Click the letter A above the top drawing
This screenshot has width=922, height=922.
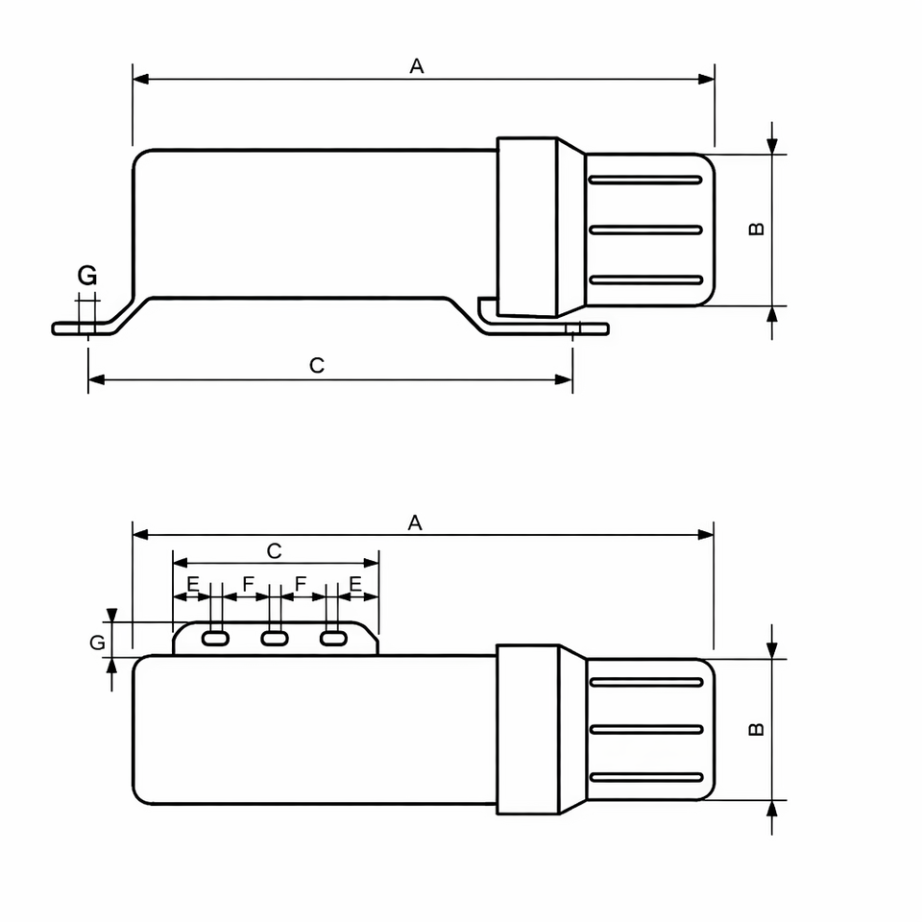[416, 66]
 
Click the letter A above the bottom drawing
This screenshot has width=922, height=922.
[415, 522]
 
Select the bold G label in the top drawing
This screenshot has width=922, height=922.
[87, 276]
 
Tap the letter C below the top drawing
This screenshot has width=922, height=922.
[316, 365]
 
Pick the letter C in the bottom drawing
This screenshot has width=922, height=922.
[274, 551]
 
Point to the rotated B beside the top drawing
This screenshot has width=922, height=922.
[756, 229]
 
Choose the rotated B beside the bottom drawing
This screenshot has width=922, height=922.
[756, 729]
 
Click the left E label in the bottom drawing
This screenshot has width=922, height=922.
[193, 584]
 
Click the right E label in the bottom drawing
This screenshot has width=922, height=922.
[355, 584]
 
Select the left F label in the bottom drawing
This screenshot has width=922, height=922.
[248, 584]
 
